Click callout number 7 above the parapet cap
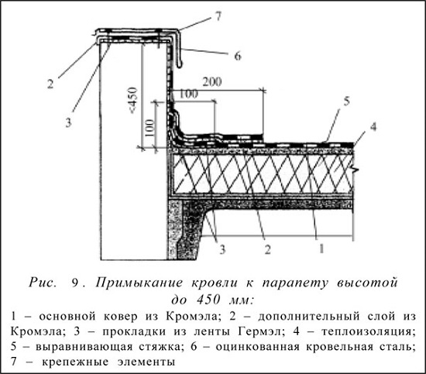point(218,16)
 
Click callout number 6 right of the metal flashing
point(238,57)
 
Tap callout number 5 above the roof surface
point(347,101)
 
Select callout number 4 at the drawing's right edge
point(373,126)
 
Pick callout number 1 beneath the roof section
point(321,249)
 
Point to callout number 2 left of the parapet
point(50,84)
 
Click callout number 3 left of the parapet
point(68,122)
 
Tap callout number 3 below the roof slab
point(222,249)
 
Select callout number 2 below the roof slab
point(268,249)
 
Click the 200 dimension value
point(212,82)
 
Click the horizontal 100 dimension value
point(189,94)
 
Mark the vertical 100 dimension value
point(149,128)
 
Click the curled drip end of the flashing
point(180,64)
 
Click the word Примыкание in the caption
point(139,283)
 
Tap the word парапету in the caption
point(295,283)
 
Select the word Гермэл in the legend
point(262,331)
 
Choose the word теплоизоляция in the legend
point(369,331)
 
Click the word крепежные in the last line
point(75,362)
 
